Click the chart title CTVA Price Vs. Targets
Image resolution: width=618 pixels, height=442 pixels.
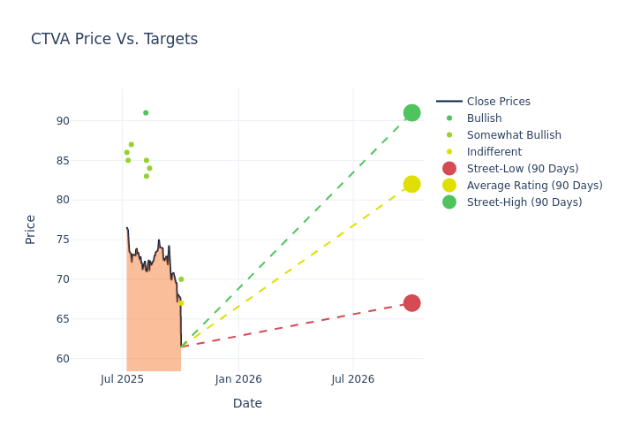point(114,40)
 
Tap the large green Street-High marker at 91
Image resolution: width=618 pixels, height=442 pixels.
point(411,113)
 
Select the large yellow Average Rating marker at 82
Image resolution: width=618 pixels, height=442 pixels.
point(411,184)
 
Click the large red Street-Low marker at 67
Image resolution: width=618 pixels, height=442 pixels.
point(411,303)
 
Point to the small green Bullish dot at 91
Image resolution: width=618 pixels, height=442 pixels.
point(146,113)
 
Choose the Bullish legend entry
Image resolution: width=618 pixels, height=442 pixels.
point(484,118)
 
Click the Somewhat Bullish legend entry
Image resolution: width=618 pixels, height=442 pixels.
point(514,135)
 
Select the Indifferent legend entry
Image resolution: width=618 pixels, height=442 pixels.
point(494,152)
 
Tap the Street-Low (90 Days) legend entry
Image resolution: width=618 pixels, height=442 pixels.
point(522,169)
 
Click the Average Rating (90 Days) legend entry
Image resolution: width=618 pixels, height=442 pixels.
point(534,186)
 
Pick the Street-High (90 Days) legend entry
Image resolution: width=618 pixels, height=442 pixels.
point(524,202)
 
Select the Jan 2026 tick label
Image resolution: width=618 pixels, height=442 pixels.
point(238,379)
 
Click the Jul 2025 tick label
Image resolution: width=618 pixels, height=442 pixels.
point(123,379)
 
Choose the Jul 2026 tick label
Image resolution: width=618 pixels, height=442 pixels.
point(353,379)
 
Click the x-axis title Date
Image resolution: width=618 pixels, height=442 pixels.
point(247,403)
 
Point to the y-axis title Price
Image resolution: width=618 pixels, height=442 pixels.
point(31,229)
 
